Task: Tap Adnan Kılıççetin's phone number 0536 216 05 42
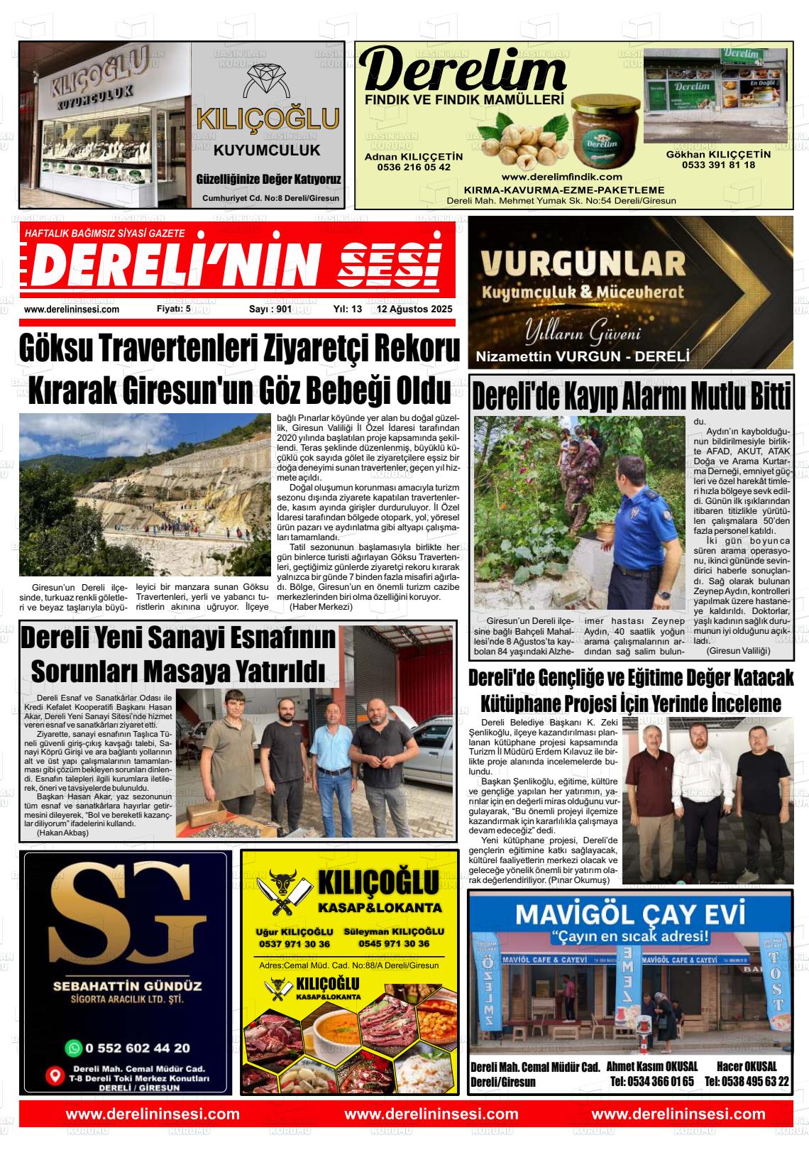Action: point(413,168)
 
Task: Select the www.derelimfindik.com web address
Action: point(561,177)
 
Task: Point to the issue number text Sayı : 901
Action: point(270,309)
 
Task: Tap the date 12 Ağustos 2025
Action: point(414,309)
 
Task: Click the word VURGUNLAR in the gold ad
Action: point(583,264)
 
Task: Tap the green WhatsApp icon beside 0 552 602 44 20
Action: point(73,1048)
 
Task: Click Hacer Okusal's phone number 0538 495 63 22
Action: point(747,1082)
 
